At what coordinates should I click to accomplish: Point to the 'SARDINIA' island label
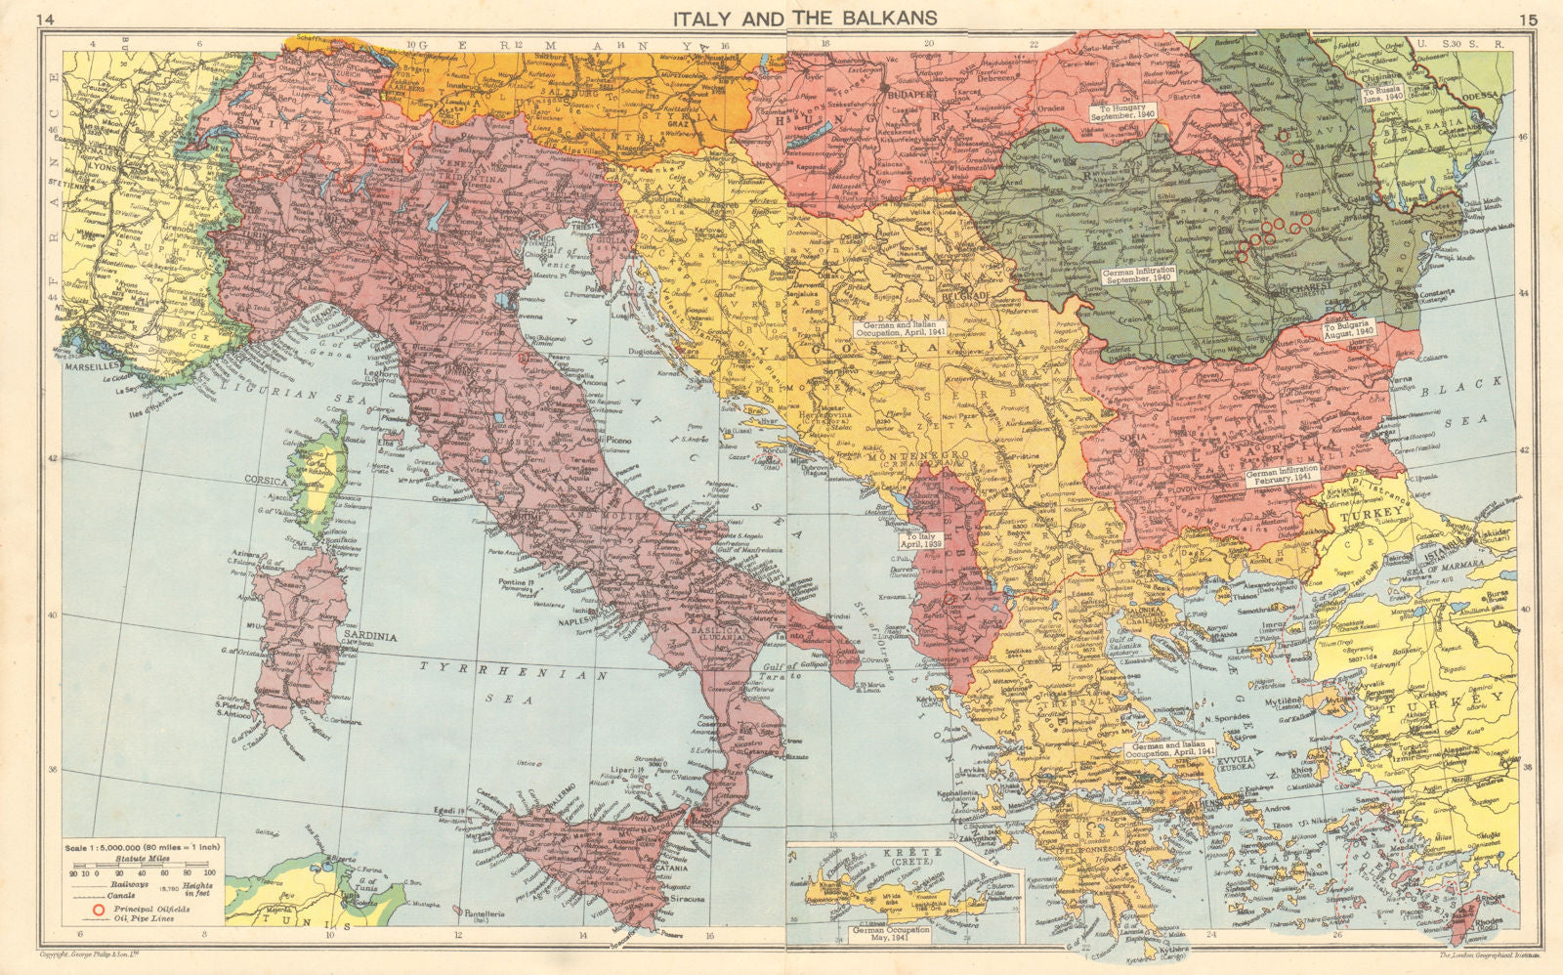click(371, 633)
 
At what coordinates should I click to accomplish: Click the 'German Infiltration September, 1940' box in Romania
click(1138, 275)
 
